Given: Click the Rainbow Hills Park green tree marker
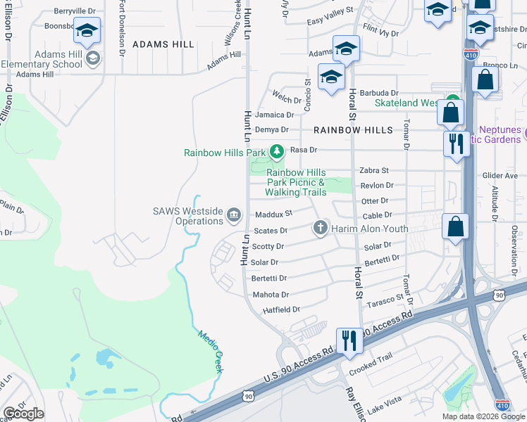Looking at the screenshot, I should click(277, 151).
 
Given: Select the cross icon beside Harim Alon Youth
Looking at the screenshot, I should click(320, 228).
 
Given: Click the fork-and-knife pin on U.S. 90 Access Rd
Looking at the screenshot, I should click(349, 341).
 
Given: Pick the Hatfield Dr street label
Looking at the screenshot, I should click(281, 309).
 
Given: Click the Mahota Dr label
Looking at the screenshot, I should click(270, 295).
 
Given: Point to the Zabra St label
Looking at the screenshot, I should click(374, 170).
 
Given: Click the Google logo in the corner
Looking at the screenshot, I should click(23, 414).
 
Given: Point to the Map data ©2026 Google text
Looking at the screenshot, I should click(483, 416).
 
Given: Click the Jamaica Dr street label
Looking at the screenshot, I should click(274, 115).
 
